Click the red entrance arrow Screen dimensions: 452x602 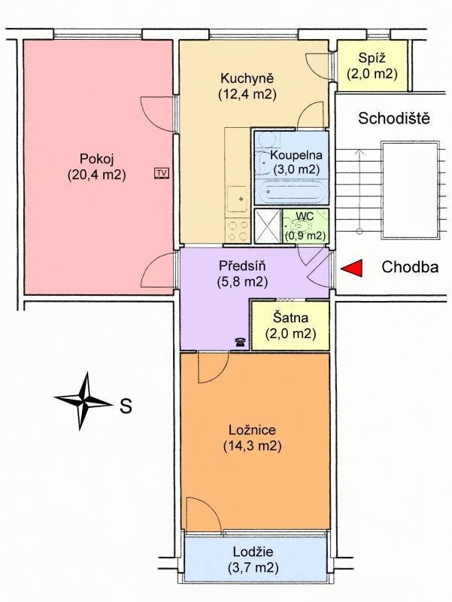point(352,268)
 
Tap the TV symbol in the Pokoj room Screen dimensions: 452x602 point(162,174)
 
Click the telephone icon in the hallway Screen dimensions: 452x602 point(241,342)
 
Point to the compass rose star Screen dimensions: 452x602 point(83,401)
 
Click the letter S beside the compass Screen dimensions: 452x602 point(126,406)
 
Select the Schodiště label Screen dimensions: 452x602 point(394,118)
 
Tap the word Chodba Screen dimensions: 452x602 point(410,267)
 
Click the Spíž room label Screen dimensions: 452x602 point(372,58)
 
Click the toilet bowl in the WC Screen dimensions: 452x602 point(304,226)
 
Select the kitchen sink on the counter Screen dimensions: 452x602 point(238,199)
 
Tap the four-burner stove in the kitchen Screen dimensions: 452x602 point(238,230)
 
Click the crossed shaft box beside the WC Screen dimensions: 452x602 point(268,227)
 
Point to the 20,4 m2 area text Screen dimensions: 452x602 point(97,175)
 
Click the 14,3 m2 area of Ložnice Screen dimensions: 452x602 point(253,446)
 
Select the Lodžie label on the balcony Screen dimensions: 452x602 point(253,552)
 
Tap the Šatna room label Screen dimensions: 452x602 point(290,318)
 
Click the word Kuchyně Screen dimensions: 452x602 point(247,78)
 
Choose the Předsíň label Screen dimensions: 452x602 point(242,266)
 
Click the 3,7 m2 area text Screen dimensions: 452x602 point(253,568)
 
